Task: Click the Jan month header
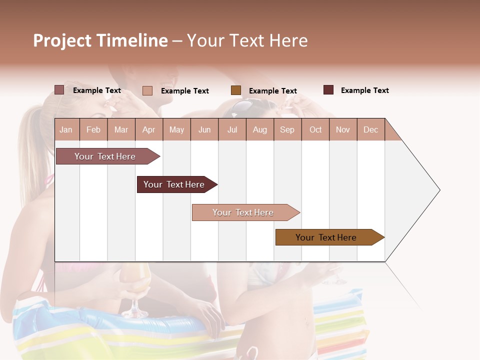click(66, 129)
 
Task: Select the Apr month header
click(148, 129)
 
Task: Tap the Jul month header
click(232, 129)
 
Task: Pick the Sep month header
click(287, 129)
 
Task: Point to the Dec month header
click(370, 129)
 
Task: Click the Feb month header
click(93, 129)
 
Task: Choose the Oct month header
click(315, 129)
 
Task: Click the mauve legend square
click(59, 90)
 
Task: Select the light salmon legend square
click(147, 90)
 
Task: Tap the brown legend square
click(236, 90)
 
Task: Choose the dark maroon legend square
click(328, 90)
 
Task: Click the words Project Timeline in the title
click(100, 40)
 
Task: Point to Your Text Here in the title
click(247, 40)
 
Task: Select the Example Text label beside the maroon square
click(364, 90)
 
